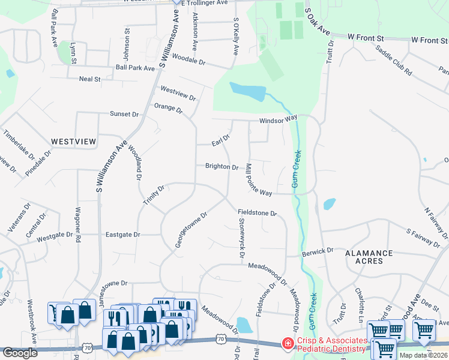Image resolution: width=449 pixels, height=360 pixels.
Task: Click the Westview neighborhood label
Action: tap(73, 142)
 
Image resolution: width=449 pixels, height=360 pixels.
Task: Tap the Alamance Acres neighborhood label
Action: tap(369, 257)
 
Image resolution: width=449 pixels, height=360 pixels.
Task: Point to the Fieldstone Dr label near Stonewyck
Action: tap(257, 212)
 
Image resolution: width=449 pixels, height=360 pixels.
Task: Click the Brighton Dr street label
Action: tap(221, 167)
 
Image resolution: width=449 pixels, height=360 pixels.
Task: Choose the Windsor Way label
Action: tap(278, 121)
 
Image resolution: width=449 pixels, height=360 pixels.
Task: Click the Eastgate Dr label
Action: tap(122, 235)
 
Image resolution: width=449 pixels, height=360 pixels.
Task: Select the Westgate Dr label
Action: tap(54, 238)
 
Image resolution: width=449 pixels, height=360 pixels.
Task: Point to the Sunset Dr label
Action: tap(124, 113)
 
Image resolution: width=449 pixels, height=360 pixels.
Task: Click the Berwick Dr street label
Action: tap(318, 251)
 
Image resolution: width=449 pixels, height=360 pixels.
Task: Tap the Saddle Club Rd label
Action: tap(394, 61)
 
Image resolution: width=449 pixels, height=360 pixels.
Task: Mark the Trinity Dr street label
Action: tap(154, 196)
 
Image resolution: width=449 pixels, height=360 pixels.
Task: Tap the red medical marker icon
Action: tap(288, 344)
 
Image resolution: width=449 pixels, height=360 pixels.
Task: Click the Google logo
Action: tap(20, 353)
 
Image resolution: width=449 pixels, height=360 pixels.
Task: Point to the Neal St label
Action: tap(89, 79)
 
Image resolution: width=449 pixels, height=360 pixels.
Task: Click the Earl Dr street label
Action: tap(221, 140)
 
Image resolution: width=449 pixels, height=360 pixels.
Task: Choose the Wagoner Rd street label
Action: tap(77, 224)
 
